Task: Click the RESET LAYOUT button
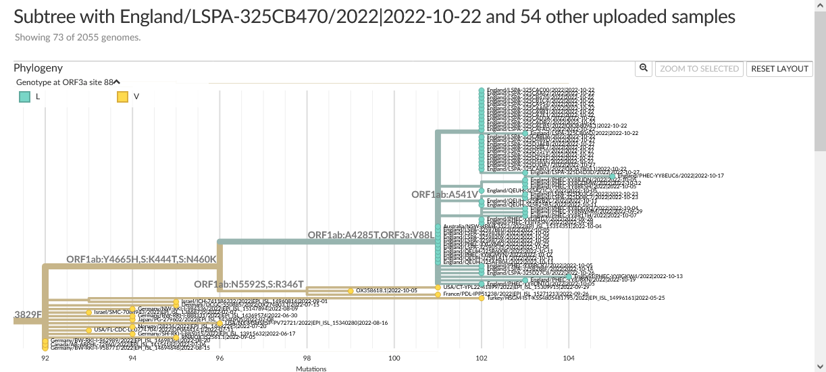pos(779,68)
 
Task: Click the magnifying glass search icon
pos(644,68)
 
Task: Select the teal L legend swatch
pos(24,97)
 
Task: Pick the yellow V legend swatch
pos(122,97)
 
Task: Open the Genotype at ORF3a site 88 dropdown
pos(116,82)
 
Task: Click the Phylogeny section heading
pos(38,68)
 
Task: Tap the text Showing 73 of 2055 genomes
pos(78,37)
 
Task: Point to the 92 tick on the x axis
pos(45,358)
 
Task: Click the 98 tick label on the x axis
pos(307,358)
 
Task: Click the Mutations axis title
pos(311,369)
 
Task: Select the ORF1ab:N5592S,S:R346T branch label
pos(249,284)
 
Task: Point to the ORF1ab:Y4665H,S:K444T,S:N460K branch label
pos(141,259)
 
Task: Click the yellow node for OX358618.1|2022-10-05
pos(351,290)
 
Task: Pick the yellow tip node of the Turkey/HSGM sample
pos(482,298)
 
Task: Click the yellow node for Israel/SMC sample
pos(88,313)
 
